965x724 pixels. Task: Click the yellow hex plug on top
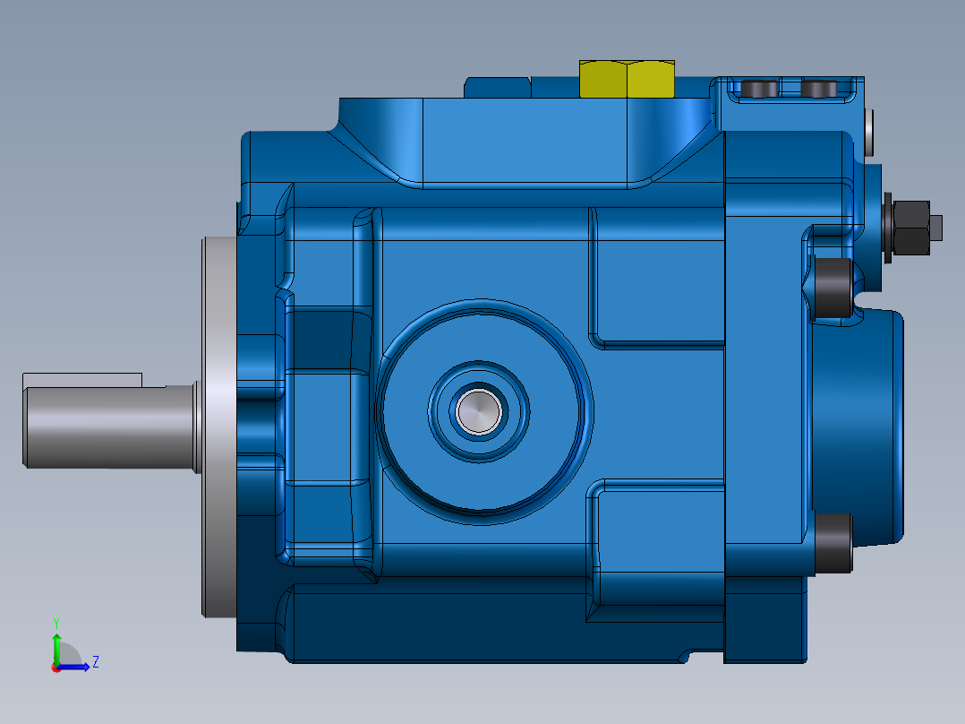click(627, 79)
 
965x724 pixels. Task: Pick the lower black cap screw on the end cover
click(833, 543)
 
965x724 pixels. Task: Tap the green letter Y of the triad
click(56, 621)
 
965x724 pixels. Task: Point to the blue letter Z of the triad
click(95, 662)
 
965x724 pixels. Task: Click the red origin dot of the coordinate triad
click(56, 668)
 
